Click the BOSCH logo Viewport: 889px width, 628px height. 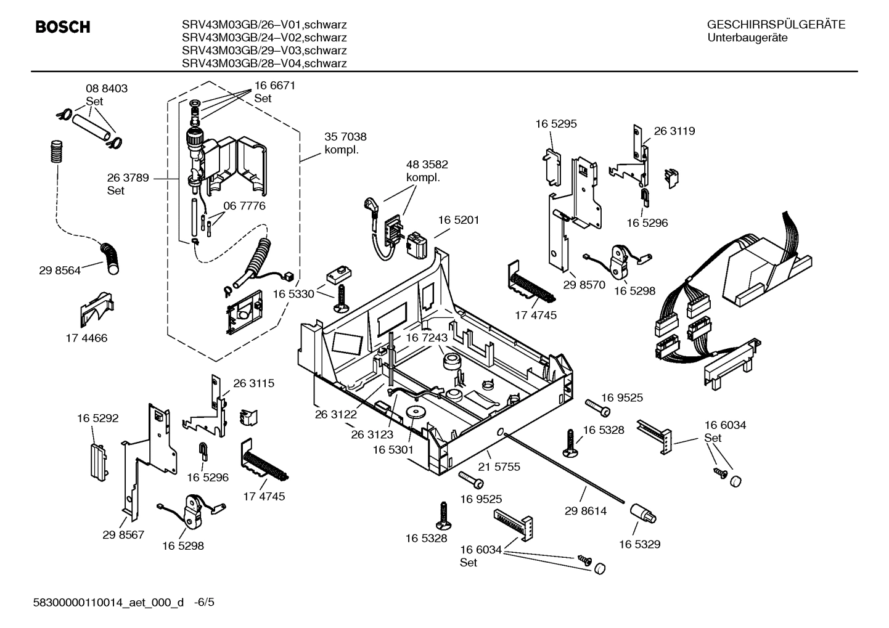[x=63, y=27]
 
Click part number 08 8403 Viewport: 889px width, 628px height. [x=106, y=89]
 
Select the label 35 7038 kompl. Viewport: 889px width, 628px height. [x=345, y=143]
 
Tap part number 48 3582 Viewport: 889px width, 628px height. [x=427, y=165]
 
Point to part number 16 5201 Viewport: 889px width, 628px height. [x=459, y=220]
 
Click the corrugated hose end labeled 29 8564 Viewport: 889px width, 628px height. [x=113, y=259]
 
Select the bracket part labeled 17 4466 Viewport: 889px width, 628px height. [x=96, y=308]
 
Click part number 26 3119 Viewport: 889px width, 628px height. [x=674, y=131]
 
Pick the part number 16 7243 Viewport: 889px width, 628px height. [x=426, y=338]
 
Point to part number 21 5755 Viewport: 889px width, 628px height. [x=499, y=467]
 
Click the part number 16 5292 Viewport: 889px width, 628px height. [x=97, y=418]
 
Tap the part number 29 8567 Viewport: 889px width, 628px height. [x=123, y=534]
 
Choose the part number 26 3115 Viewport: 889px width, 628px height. [x=253, y=383]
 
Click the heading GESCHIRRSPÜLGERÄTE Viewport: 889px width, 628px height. [x=776, y=25]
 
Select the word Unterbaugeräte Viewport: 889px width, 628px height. [x=747, y=38]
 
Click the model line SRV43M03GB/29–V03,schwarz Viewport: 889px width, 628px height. [x=264, y=51]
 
